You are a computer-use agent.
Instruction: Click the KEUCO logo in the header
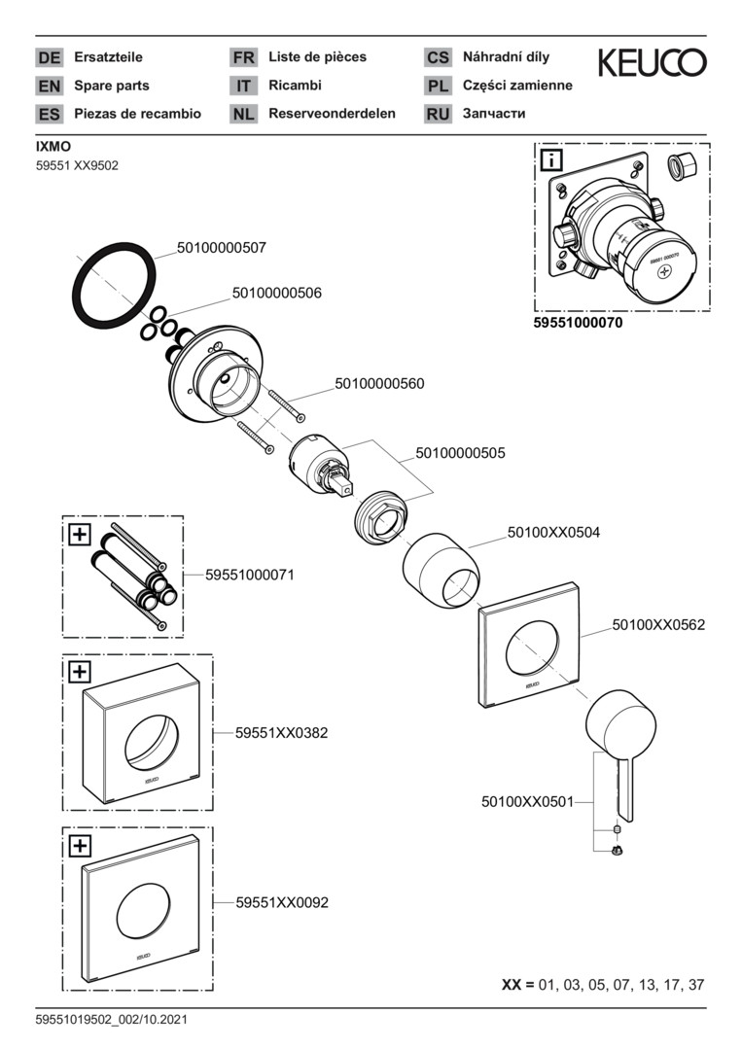pos(652,63)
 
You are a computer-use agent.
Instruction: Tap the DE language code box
pos(49,57)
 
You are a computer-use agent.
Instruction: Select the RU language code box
pos(438,114)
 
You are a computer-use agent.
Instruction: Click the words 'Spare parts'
pos(112,86)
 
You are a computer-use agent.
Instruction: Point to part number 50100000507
pos(221,248)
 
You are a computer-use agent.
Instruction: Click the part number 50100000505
pos(460,453)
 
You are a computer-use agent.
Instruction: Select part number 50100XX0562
pos(658,625)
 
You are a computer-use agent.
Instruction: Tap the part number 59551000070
pos(578,322)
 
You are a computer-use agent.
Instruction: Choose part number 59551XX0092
pos(282,902)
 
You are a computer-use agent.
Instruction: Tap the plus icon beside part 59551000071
pos(79,533)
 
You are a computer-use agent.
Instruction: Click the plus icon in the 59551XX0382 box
pos(79,671)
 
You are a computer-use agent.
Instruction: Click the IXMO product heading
pos(50,147)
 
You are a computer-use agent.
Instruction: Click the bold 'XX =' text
pos(517,985)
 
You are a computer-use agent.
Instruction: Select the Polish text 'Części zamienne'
pos(517,86)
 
